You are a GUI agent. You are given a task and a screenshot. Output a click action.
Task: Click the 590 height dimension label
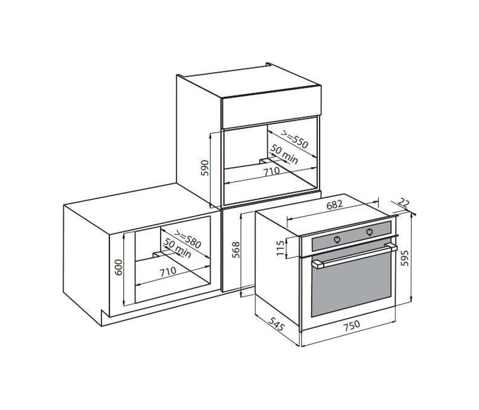click(205, 168)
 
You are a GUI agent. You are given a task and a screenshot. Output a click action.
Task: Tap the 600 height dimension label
click(119, 267)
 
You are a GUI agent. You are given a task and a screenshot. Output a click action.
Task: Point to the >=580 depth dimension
click(187, 239)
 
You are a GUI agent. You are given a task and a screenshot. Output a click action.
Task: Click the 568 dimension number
click(236, 250)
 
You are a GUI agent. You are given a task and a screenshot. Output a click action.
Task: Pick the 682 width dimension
click(334, 204)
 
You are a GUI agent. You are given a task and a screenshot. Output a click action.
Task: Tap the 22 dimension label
click(404, 203)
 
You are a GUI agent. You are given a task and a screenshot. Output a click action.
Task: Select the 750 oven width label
click(352, 326)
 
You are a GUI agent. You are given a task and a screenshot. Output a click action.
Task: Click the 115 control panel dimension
click(280, 248)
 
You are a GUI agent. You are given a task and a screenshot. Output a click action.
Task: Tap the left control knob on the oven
click(337, 239)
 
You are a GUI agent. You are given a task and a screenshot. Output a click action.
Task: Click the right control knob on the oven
click(369, 232)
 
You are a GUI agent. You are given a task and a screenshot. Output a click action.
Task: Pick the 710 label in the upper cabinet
click(272, 171)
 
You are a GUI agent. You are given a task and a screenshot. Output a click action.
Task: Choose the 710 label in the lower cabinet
click(168, 271)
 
